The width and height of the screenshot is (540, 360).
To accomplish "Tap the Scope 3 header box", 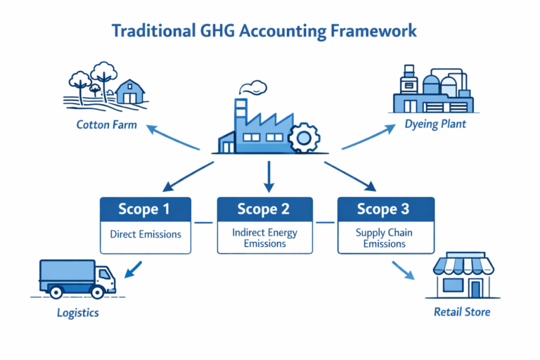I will pos(386,209).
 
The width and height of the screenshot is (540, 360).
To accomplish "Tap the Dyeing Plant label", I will pos(436,124).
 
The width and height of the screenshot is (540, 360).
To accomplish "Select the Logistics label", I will pos(78,312).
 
